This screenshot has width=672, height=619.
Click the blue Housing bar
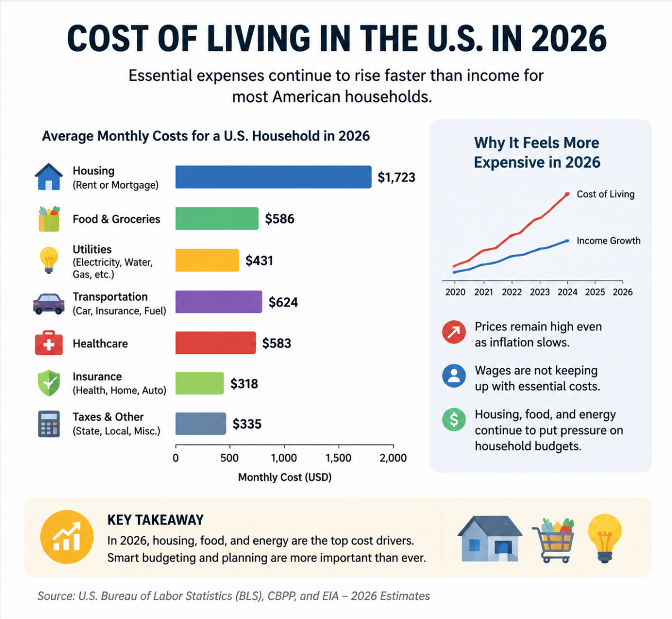273,177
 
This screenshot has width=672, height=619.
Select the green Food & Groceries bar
217,219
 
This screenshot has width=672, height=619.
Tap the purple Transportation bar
219,302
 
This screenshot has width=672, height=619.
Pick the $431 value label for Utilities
259,260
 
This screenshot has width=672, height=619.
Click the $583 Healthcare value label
277,343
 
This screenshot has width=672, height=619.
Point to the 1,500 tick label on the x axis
338,458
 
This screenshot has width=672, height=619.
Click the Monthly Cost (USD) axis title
285,477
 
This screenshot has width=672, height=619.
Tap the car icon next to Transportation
49,304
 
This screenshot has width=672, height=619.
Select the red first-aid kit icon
49,343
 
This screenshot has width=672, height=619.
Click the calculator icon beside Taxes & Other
49,424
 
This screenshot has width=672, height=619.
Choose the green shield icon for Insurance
49,383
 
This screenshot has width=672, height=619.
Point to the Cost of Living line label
606,194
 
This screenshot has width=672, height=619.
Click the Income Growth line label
608,240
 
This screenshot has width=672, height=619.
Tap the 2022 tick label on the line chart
512,292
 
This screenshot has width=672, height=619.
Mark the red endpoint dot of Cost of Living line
567,194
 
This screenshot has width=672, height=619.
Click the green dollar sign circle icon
454,420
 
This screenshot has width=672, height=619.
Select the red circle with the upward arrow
454,332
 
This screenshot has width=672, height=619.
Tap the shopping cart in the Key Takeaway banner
554,539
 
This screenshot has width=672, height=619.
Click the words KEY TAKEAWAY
156,520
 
